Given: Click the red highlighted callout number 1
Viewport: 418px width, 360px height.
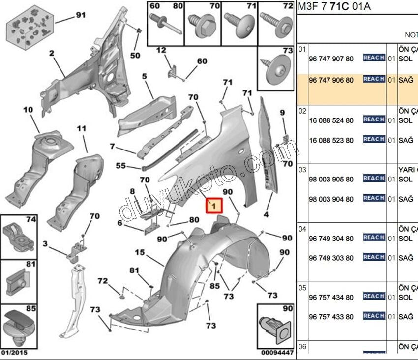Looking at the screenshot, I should tap(213, 207).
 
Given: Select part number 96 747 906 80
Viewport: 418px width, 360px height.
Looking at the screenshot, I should tap(331, 80).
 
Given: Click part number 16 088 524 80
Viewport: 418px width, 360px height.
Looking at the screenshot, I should tap(331, 120).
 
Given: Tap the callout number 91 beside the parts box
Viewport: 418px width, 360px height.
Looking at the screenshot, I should tap(80, 15).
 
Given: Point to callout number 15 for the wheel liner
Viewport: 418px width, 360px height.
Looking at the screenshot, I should tap(140, 253).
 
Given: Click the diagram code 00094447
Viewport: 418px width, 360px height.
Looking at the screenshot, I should tap(277, 352).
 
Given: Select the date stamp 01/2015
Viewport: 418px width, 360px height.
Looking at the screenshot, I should tap(14, 352).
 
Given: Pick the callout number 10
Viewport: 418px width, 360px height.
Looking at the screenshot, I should tap(28, 109).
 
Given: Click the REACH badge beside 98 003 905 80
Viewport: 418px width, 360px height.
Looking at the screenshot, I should tap(374, 179).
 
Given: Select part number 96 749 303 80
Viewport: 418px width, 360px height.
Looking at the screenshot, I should tap(331, 258).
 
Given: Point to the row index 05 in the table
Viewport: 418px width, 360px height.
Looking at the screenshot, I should tap(302, 287).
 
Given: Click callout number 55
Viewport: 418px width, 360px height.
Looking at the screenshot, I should tap(121, 166).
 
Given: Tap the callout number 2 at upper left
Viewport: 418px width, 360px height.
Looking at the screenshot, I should tap(51, 53).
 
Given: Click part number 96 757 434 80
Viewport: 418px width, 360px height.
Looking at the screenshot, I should tap(331, 298).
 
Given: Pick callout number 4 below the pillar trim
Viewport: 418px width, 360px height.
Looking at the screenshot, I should tap(266, 215).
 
